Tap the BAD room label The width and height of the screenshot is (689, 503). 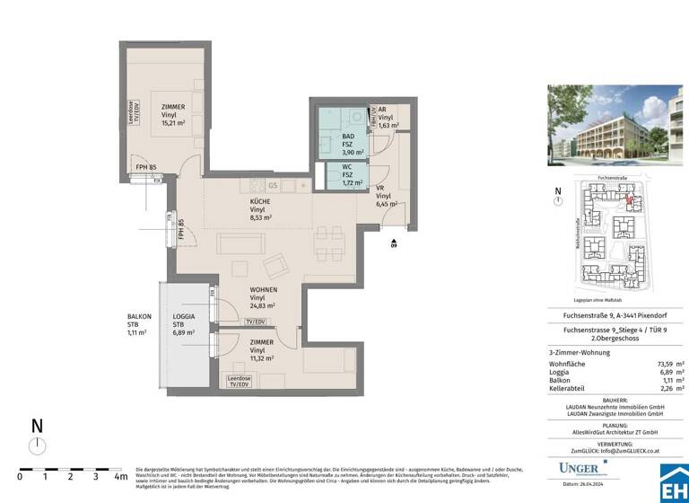point(349,144)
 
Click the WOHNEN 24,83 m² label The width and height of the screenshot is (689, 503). point(263,297)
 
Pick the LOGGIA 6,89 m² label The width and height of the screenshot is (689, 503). point(185,324)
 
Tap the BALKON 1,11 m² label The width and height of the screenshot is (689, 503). point(139,324)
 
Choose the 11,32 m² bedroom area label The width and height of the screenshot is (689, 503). point(262,351)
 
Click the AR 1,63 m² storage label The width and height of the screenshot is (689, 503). point(386,118)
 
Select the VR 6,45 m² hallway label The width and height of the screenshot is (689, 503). point(387,196)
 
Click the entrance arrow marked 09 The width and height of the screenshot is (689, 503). point(393,243)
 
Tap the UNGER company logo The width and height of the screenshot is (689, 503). point(584,468)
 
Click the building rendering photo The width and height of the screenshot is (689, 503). point(615,125)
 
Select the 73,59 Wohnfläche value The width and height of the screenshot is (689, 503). point(660,364)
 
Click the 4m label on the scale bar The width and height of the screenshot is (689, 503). point(120,477)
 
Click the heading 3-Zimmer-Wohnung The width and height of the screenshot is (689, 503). point(580,353)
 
